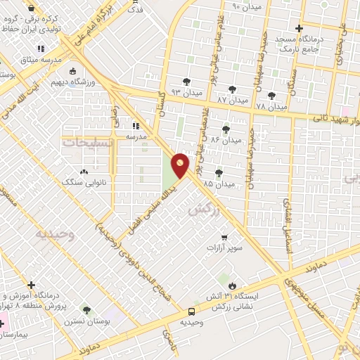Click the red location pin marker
tap(181, 165)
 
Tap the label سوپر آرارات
tap(224, 248)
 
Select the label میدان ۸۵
tap(217, 184)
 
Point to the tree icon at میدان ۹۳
tap(186, 82)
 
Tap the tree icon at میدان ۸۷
tap(233, 89)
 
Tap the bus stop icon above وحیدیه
tap(192, 311)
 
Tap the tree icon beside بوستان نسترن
tap(86, 310)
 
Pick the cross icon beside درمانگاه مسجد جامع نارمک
tap(299, 29)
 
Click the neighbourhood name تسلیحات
tap(88, 142)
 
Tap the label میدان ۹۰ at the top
tap(246, 6)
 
